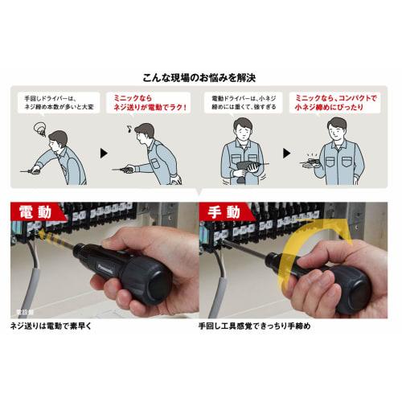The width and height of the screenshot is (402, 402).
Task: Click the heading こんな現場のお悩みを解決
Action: [200, 79]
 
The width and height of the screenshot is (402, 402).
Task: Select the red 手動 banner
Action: [228, 212]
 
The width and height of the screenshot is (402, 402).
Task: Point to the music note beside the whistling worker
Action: [125, 128]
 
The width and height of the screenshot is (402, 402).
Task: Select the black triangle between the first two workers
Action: [102, 151]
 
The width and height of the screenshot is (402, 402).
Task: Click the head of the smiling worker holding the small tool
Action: [338, 129]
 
